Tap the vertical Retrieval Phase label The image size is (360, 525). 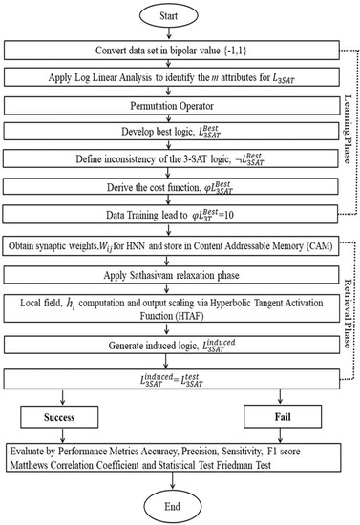(349, 320)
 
